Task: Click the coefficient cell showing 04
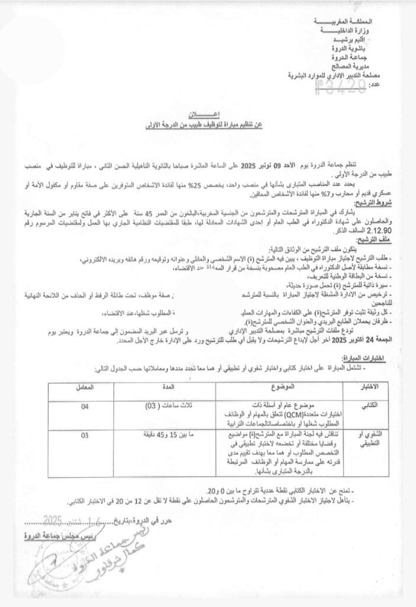(86, 407)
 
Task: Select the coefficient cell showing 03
(86, 436)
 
